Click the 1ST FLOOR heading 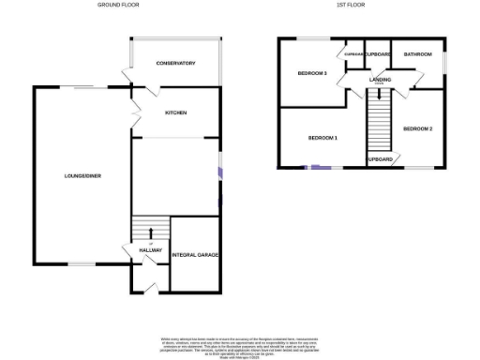point(351,5)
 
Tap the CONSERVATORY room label point(176,63)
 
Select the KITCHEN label point(176,112)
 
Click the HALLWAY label point(151,250)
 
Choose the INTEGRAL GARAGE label point(195,254)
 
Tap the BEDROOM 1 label point(322,138)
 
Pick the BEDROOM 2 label point(417,127)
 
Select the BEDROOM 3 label point(311,72)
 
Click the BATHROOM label point(417,54)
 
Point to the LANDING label point(380,81)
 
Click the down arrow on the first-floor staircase point(379,95)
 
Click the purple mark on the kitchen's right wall point(220,172)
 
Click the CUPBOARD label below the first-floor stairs point(380,160)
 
